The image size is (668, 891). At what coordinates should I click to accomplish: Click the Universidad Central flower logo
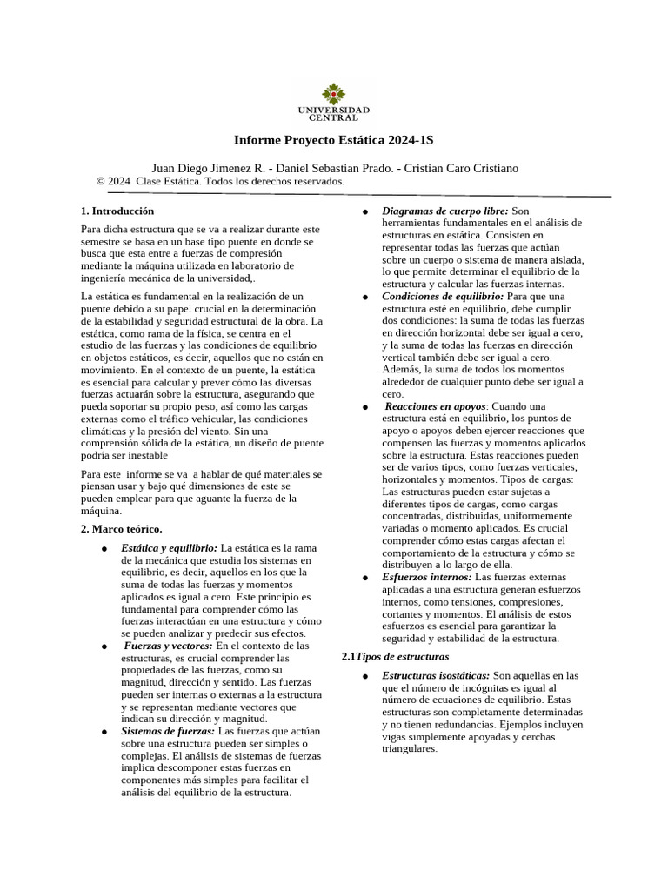point(333,92)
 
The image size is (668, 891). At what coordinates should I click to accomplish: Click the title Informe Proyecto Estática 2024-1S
point(333,140)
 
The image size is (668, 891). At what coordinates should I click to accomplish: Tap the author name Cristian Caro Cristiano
point(463,168)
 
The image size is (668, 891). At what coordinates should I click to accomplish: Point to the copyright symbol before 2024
point(101,181)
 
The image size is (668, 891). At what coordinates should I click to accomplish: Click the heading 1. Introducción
point(117,211)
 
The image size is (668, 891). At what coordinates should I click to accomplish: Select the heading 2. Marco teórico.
point(121,529)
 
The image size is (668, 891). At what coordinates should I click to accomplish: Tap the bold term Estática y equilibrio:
point(170,547)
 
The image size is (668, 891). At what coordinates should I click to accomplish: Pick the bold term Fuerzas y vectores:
point(168,646)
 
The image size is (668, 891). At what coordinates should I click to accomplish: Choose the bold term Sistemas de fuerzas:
point(168,732)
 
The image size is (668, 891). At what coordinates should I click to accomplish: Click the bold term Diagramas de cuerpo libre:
point(445,211)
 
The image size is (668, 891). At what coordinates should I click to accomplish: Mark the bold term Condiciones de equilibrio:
point(443,297)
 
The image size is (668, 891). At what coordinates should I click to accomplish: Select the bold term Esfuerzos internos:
point(427,577)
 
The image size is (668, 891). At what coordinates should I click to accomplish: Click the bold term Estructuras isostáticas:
point(436,675)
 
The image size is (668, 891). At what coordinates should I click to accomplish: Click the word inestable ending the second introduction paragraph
point(141,455)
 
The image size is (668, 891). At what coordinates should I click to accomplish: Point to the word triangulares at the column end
point(410,748)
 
